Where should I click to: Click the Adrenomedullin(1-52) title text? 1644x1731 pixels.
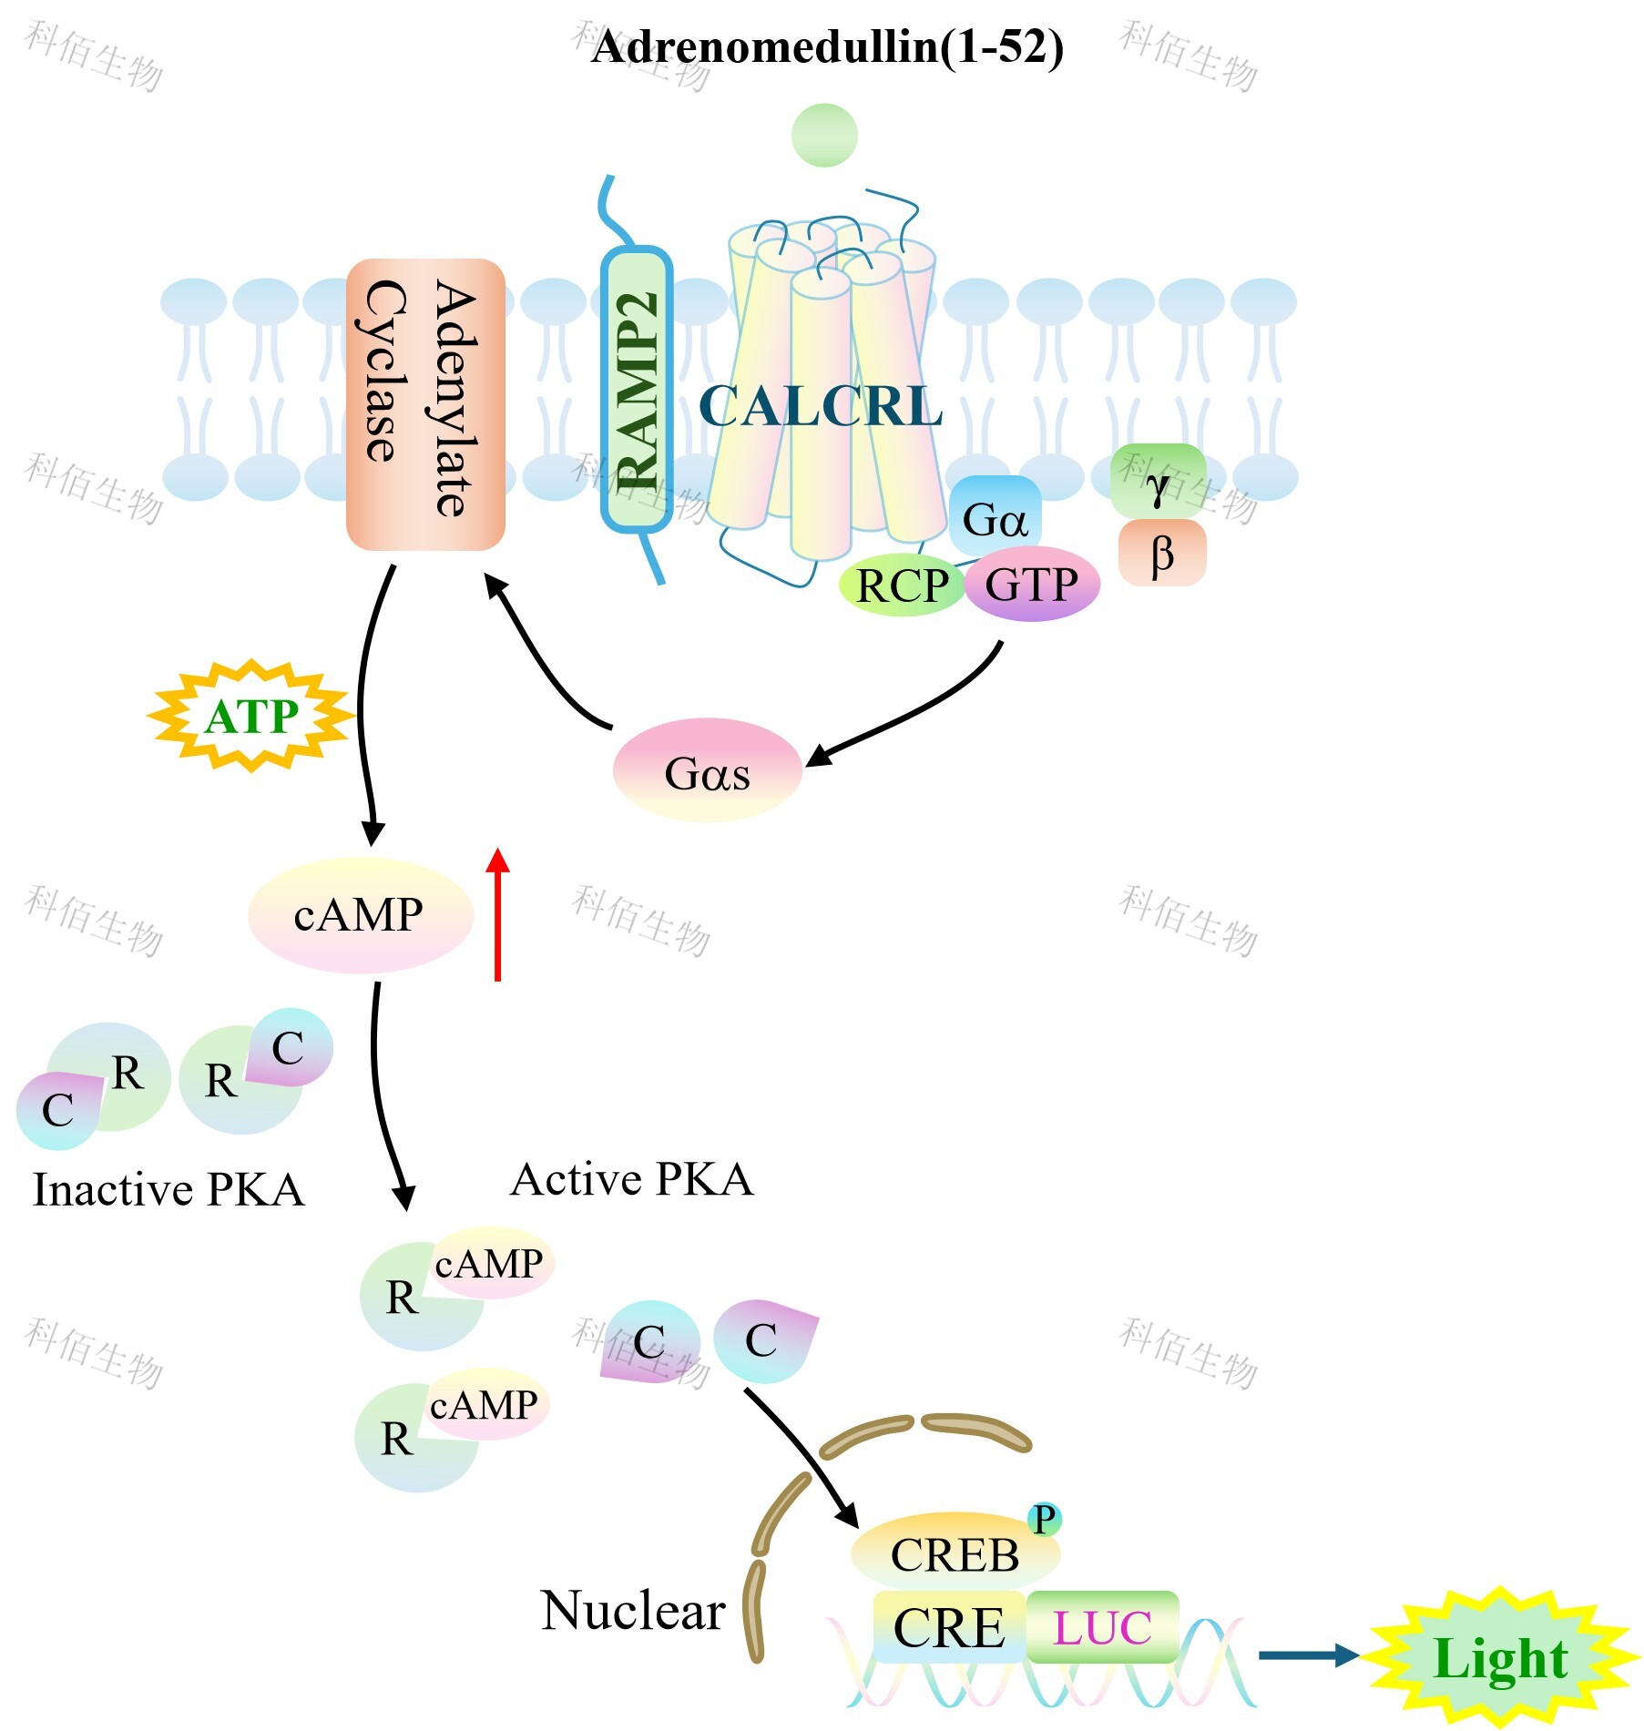[827, 47]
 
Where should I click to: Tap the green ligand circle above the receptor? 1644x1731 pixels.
[824, 136]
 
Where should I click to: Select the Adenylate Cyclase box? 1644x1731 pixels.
[425, 404]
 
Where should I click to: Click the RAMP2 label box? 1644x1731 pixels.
[637, 390]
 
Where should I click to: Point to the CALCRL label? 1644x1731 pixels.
[820, 406]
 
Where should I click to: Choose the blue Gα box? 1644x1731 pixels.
[995, 517]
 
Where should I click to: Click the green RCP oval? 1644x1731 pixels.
[901, 585]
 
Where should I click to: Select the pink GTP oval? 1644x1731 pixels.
[1032, 585]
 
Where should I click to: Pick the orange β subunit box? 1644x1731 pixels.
[1162, 553]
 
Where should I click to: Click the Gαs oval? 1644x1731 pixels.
[707, 772]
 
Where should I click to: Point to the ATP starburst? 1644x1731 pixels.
[251, 717]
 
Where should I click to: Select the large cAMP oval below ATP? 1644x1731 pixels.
[360, 915]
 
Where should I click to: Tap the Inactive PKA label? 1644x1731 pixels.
[168, 1190]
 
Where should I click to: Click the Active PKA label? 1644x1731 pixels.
[632, 1180]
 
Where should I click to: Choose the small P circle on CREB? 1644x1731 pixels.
[1044, 1519]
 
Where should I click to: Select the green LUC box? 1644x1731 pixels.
[1102, 1627]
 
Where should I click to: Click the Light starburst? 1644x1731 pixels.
[1500, 1658]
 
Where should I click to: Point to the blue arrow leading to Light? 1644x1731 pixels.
[1308, 1655]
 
